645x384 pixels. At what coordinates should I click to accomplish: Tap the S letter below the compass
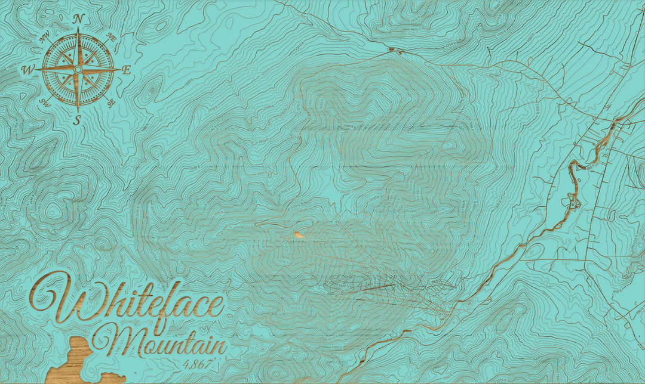tap(77, 120)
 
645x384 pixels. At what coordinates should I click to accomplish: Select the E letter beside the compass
tap(126, 70)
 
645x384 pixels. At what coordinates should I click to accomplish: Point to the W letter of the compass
tap(27, 70)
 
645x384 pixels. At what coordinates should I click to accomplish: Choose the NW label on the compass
tap(44, 36)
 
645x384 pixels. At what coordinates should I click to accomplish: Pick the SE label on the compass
tap(110, 102)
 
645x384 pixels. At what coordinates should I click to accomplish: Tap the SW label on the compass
tap(44, 103)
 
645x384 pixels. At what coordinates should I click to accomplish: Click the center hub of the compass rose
tap(78, 70)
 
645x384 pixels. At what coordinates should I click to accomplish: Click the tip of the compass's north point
tap(78, 29)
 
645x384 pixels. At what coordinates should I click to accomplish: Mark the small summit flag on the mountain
tap(297, 235)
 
